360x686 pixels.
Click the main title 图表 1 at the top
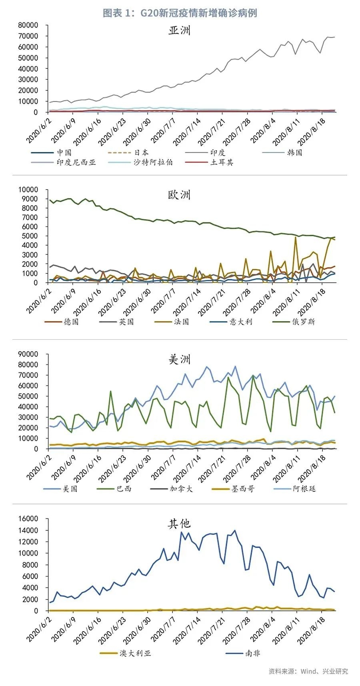click(x=180, y=13)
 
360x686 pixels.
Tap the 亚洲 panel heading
click(x=179, y=31)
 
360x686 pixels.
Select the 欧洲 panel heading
click(x=179, y=195)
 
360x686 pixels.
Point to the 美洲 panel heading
click(x=179, y=360)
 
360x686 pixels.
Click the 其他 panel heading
click(x=179, y=524)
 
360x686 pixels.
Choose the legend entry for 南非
click(x=252, y=653)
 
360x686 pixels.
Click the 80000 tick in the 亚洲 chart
click(x=28, y=25)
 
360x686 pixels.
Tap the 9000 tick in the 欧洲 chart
click(x=30, y=199)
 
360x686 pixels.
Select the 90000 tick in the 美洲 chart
click(x=28, y=354)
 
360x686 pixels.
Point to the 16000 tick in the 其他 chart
click(x=28, y=519)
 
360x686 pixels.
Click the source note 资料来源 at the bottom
click(x=308, y=671)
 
